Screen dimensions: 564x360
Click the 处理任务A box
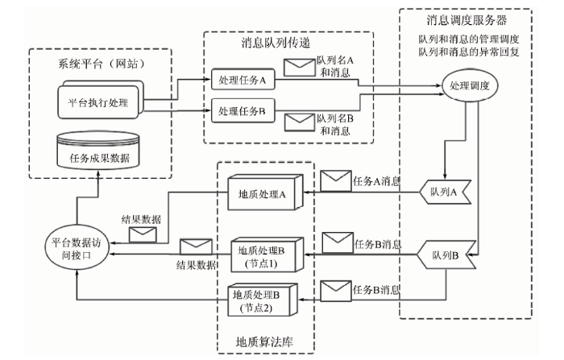click(x=243, y=80)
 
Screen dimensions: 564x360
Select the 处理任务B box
click(x=243, y=111)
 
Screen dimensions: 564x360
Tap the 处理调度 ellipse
click(x=470, y=85)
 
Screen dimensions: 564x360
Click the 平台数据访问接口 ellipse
click(x=77, y=248)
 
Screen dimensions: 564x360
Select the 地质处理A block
click(x=265, y=192)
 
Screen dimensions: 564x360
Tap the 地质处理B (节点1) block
click(x=267, y=254)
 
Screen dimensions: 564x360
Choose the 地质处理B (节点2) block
click(x=262, y=300)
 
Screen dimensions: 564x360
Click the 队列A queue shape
click(x=445, y=192)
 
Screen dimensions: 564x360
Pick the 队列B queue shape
click(x=446, y=255)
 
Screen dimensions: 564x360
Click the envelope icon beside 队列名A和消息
click(x=299, y=68)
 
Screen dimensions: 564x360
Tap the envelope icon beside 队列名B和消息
click(x=300, y=122)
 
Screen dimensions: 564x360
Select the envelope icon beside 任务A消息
click(x=336, y=180)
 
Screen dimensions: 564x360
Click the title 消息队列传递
click(x=276, y=43)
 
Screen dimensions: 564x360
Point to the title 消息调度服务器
click(x=467, y=20)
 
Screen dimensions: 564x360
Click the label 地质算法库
click(x=264, y=342)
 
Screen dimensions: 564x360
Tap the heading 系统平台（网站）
click(x=102, y=64)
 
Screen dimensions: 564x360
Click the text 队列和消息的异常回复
click(x=469, y=52)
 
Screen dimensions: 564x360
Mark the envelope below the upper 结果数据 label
click(x=143, y=234)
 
